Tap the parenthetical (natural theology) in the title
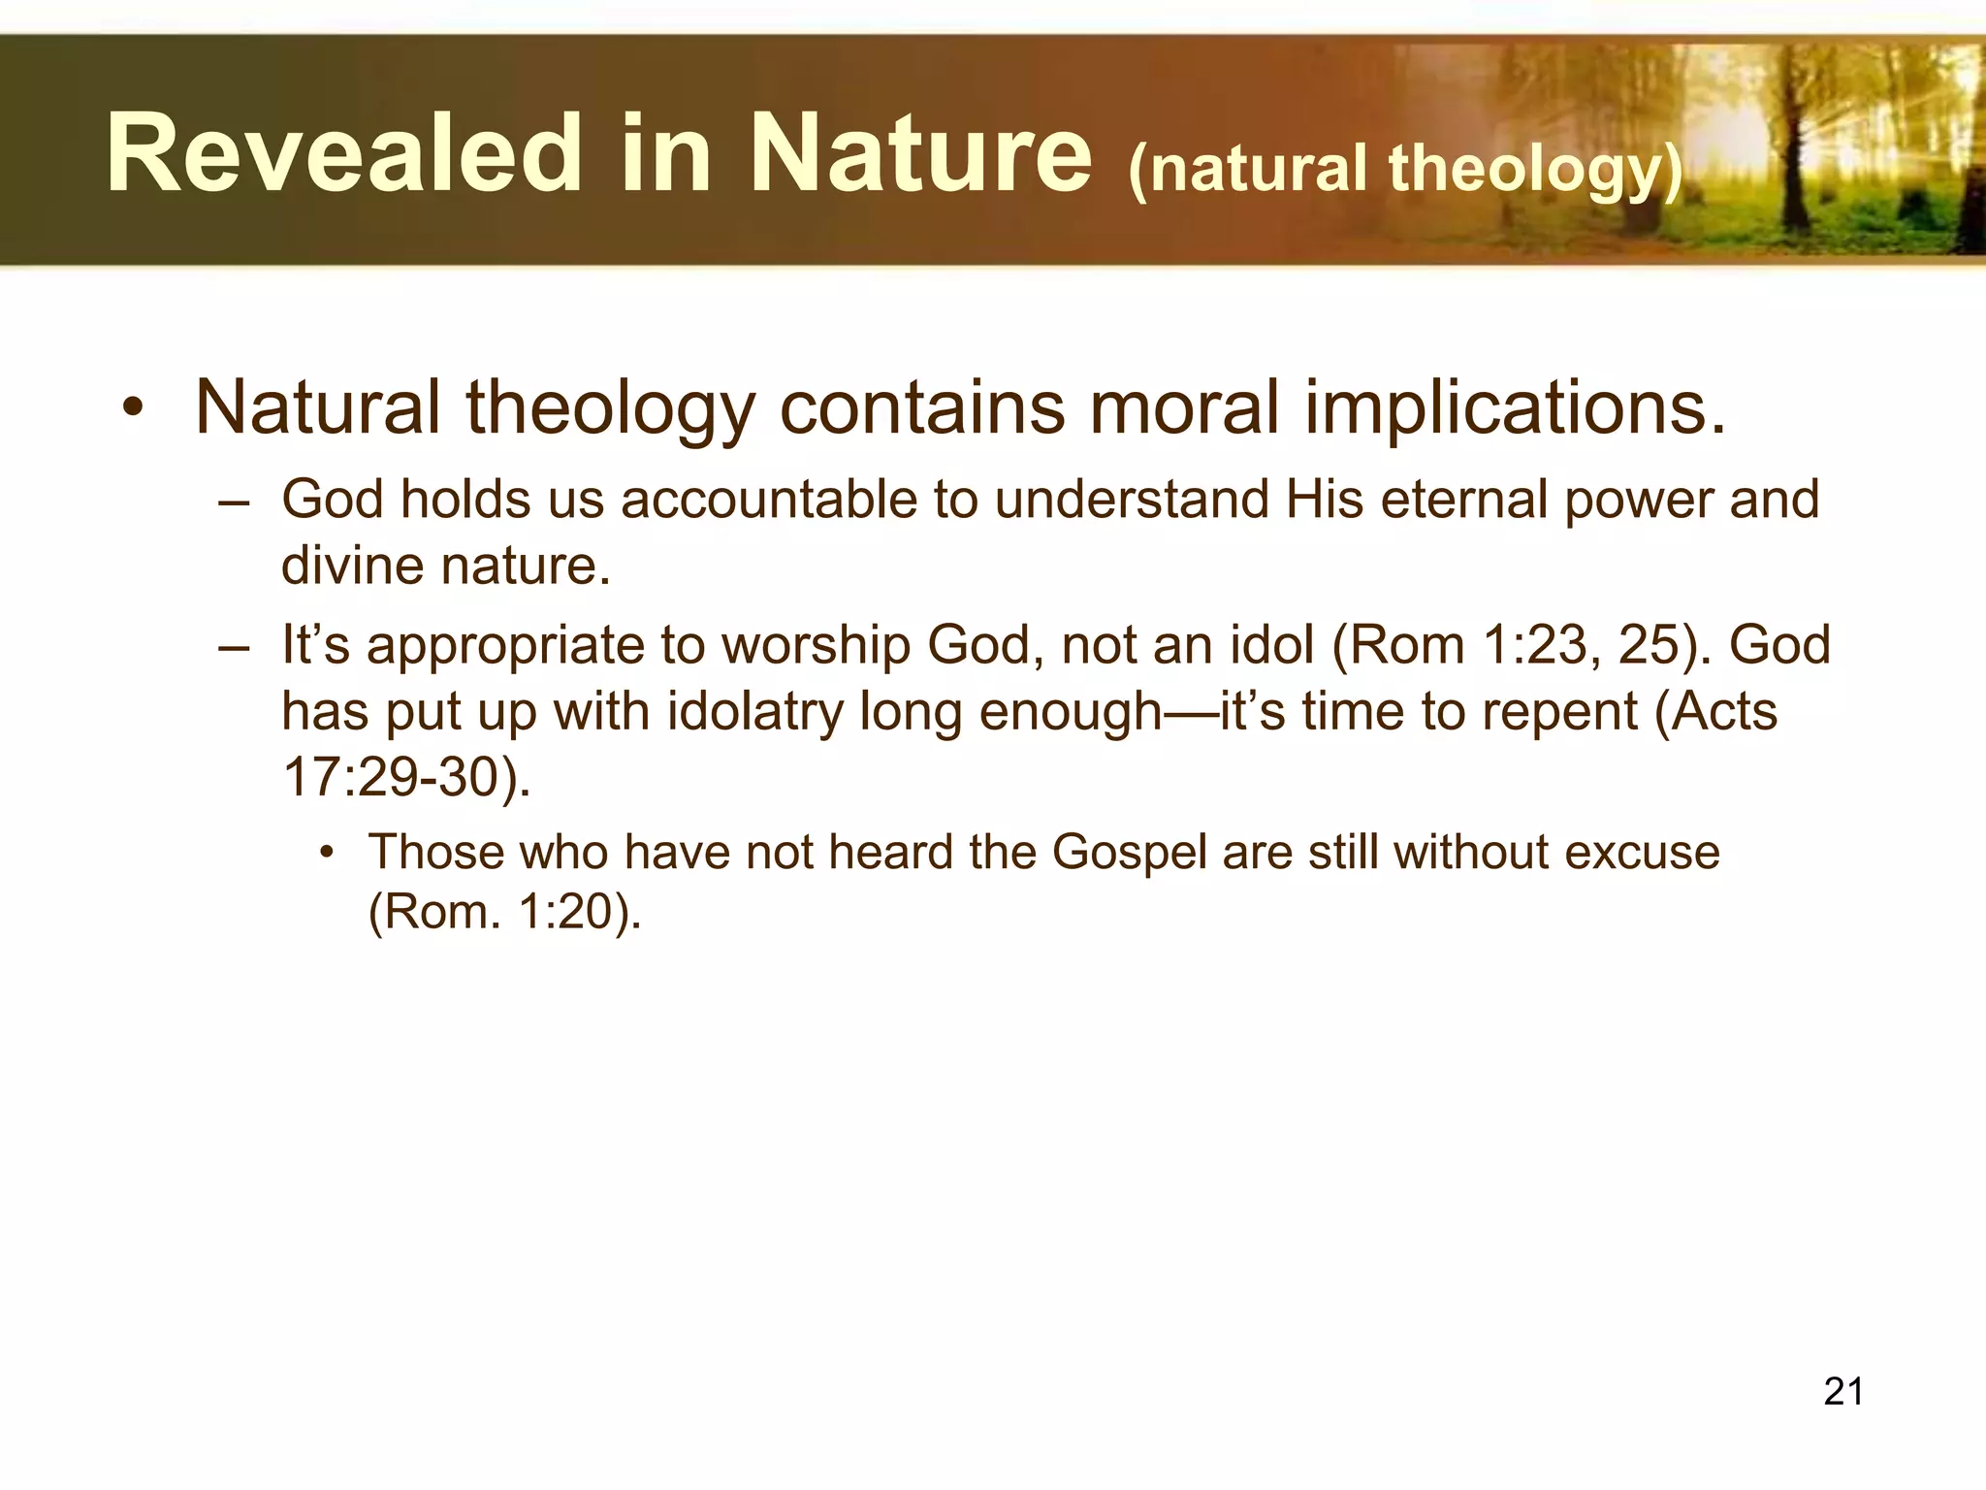tap(1405, 169)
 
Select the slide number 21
tap(1842, 1391)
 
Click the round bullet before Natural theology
tap(133, 408)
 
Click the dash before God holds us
tap(235, 502)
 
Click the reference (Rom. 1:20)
tap(504, 912)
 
